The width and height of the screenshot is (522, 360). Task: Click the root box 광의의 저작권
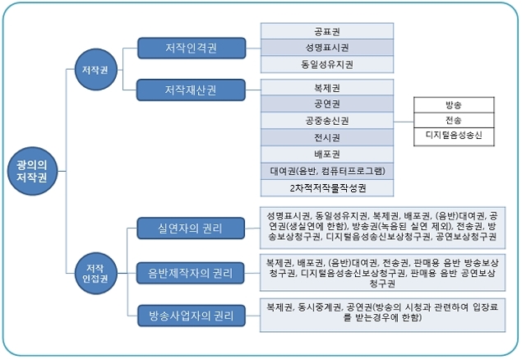31,172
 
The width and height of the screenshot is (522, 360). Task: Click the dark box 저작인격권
189,47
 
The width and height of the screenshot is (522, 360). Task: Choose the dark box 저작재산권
189,88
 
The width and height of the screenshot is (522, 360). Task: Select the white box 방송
454,105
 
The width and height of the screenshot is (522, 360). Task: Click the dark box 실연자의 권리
191,227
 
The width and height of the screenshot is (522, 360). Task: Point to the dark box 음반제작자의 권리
191,271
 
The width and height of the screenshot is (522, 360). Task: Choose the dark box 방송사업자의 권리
191,315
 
